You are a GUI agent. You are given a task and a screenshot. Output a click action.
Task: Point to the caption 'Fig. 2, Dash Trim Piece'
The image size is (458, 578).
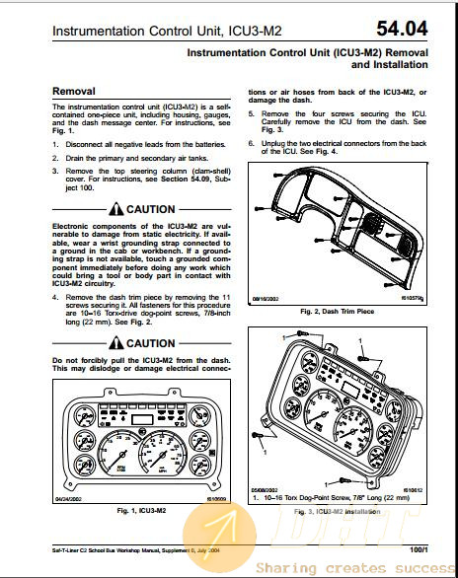tap(340, 312)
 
